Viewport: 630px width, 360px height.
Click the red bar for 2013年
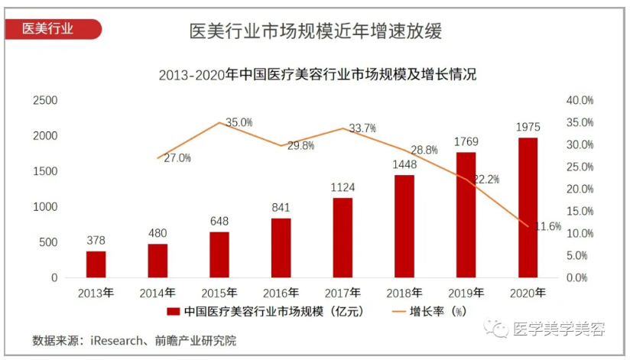pyautogui.click(x=96, y=264)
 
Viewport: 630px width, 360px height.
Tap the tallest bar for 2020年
pyautogui.click(x=528, y=207)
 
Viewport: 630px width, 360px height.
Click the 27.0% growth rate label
pyautogui.click(x=177, y=158)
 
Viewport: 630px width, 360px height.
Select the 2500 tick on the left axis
pyautogui.click(x=44, y=100)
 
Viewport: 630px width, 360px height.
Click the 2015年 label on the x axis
pyautogui.click(x=219, y=292)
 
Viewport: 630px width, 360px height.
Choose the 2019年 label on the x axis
pyautogui.click(x=466, y=292)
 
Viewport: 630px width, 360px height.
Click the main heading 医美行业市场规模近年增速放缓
pyautogui.click(x=315, y=31)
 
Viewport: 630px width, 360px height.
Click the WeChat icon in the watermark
pyautogui.click(x=500, y=329)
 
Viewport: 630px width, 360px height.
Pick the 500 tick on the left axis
pyautogui.click(x=47, y=242)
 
